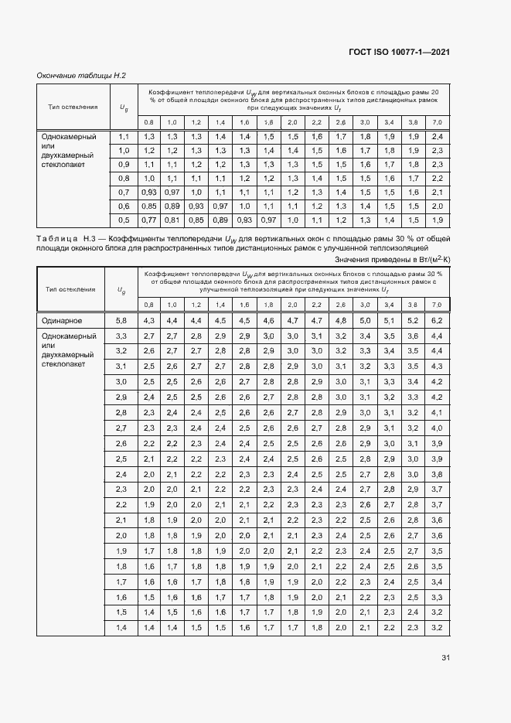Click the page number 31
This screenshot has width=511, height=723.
445,658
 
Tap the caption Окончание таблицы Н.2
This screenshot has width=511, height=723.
81,75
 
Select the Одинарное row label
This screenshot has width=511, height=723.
62,320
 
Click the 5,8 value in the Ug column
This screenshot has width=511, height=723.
121,320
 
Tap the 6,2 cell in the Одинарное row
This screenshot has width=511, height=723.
437,320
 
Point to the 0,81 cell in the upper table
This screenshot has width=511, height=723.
172,220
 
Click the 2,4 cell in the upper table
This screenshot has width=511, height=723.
437,136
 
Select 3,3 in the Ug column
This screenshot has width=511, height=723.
121,336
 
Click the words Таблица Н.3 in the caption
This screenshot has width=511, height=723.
65,240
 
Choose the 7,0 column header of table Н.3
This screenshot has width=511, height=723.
437,305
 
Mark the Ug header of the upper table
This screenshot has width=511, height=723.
123,107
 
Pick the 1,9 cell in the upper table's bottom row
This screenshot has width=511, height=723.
437,220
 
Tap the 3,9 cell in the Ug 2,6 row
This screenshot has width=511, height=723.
437,443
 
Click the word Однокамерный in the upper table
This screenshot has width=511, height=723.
70,137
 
